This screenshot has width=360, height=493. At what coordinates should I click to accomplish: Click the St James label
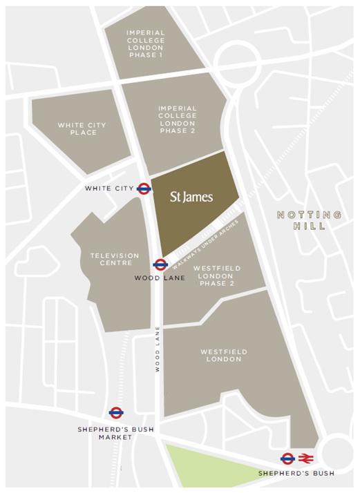(191, 197)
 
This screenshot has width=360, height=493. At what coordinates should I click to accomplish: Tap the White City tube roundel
(144, 188)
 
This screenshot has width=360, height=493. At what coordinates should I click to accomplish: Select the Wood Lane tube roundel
(160, 264)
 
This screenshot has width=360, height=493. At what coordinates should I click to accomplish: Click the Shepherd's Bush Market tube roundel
(116, 413)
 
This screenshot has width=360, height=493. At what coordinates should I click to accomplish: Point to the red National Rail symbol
(307, 458)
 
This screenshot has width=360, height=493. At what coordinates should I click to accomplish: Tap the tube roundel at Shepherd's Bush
(288, 458)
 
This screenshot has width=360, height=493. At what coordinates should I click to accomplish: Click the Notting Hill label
(309, 220)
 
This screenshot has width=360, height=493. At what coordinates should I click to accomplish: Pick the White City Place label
(82, 128)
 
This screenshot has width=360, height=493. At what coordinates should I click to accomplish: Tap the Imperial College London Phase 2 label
(178, 119)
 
